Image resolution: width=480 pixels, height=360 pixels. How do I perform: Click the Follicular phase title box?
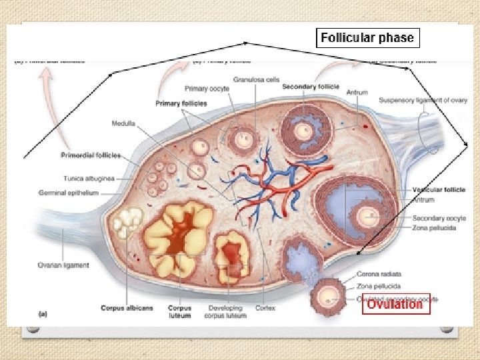click(367, 38)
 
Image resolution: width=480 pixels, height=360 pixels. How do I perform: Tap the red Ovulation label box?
click(395, 304)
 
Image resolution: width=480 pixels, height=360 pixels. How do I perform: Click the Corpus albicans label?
click(127, 308)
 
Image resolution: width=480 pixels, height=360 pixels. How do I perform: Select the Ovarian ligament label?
click(63, 265)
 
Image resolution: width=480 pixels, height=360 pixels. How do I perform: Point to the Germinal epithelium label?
click(68, 193)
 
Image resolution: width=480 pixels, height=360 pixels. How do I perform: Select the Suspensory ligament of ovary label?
click(423, 101)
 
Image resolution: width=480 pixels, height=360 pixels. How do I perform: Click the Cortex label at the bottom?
click(265, 308)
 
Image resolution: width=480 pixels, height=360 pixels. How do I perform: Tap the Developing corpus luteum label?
click(225, 311)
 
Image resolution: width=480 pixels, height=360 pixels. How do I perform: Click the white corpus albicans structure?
click(128, 222)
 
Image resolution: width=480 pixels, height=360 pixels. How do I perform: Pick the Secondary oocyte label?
click(434, 219)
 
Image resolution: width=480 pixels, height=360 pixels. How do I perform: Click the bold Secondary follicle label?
click(311, 87)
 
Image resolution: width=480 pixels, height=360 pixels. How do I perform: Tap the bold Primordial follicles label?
click(90, 155)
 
